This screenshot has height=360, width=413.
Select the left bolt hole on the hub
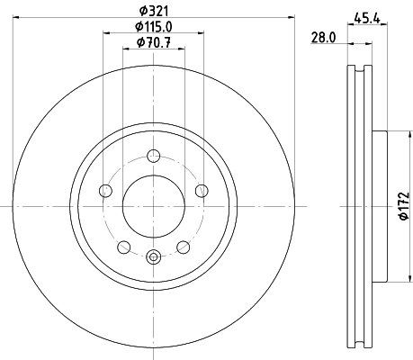104,190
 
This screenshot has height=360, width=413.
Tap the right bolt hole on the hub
202,190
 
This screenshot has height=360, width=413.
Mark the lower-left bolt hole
123,247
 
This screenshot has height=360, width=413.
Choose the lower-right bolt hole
183,247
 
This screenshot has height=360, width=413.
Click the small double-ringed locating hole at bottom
153,257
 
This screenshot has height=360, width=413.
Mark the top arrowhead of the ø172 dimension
393,134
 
